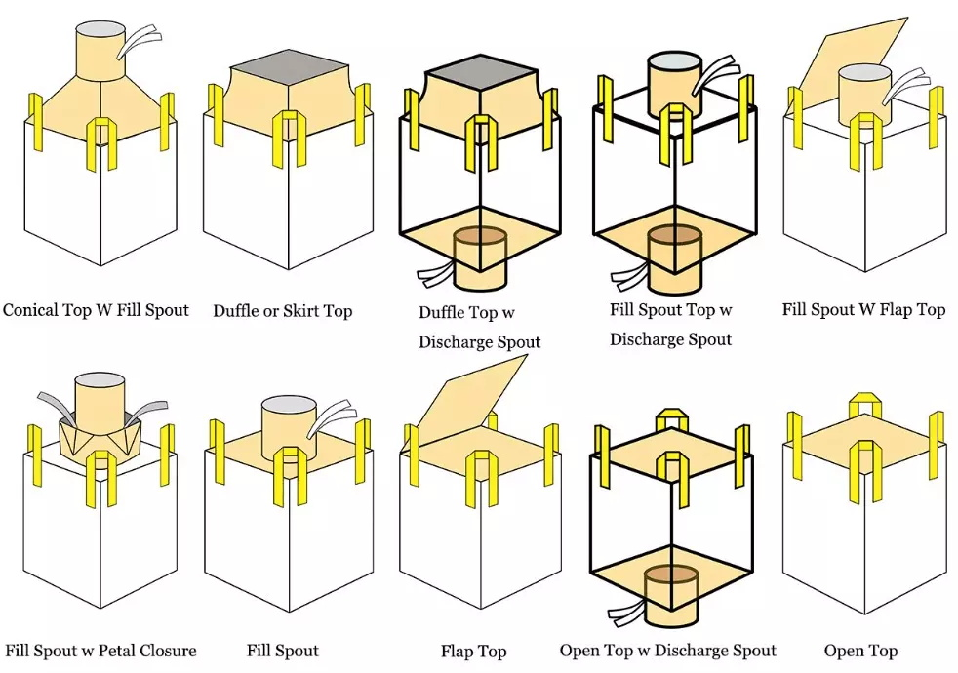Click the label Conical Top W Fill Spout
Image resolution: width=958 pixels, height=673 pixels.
click(96, 310)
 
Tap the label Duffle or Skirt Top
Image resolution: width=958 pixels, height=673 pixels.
click(283, 311)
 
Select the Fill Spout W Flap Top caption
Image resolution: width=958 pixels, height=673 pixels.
click(863, 310)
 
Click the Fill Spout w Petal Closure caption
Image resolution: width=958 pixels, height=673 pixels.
click(100, 651)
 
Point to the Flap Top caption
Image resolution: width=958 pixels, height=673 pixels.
click(473, 651)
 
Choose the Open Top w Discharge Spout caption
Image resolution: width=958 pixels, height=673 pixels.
click(668, 651)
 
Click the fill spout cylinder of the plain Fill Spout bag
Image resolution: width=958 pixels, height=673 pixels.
click(288, 430)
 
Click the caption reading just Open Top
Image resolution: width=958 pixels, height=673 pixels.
click(860, 651)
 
